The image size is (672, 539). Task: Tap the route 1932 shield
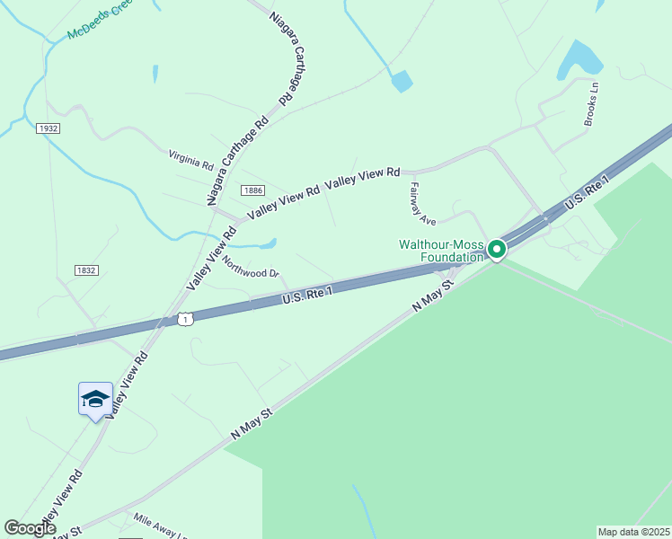(49, 128)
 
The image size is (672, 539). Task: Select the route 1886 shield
(252, 190)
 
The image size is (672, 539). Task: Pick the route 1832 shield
(86, 269)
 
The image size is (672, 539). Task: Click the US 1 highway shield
(185, 319)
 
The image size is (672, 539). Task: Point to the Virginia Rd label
(190, 160)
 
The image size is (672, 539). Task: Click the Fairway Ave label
(422, 204)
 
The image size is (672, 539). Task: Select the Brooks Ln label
(591, 105)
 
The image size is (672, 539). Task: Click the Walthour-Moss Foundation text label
(441, 251)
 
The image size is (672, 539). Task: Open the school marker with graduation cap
(95, 399)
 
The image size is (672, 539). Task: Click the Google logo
(30, 528)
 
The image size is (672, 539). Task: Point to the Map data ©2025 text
(633, 532)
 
